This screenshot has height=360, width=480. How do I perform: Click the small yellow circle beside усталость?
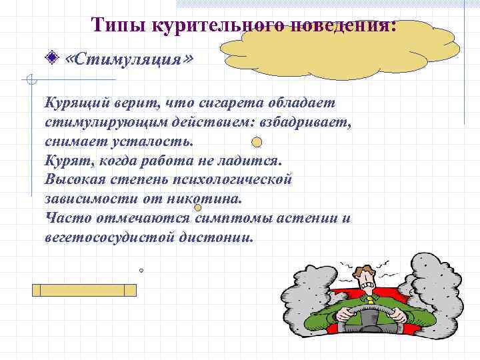[x=257, y=141]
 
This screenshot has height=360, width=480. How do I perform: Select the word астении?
[x=306, y=217]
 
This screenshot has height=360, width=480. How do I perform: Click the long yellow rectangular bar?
[x=84, y=290]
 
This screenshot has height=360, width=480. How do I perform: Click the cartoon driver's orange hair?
[x=364, y=270]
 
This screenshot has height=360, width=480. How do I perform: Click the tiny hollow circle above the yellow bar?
[x=141, y=271]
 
